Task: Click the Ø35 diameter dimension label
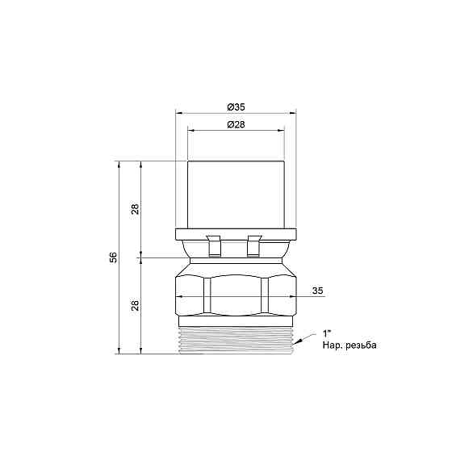tap(236, 107)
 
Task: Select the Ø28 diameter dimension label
tap(236, 125)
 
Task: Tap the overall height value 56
tap(113, 257)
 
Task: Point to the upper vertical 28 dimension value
tap(135, 209)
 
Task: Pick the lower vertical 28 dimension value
tap(135, 305)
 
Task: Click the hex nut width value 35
tap(318, 291)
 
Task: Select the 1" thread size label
tap(326, 334)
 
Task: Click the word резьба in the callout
tap(362, 345)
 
